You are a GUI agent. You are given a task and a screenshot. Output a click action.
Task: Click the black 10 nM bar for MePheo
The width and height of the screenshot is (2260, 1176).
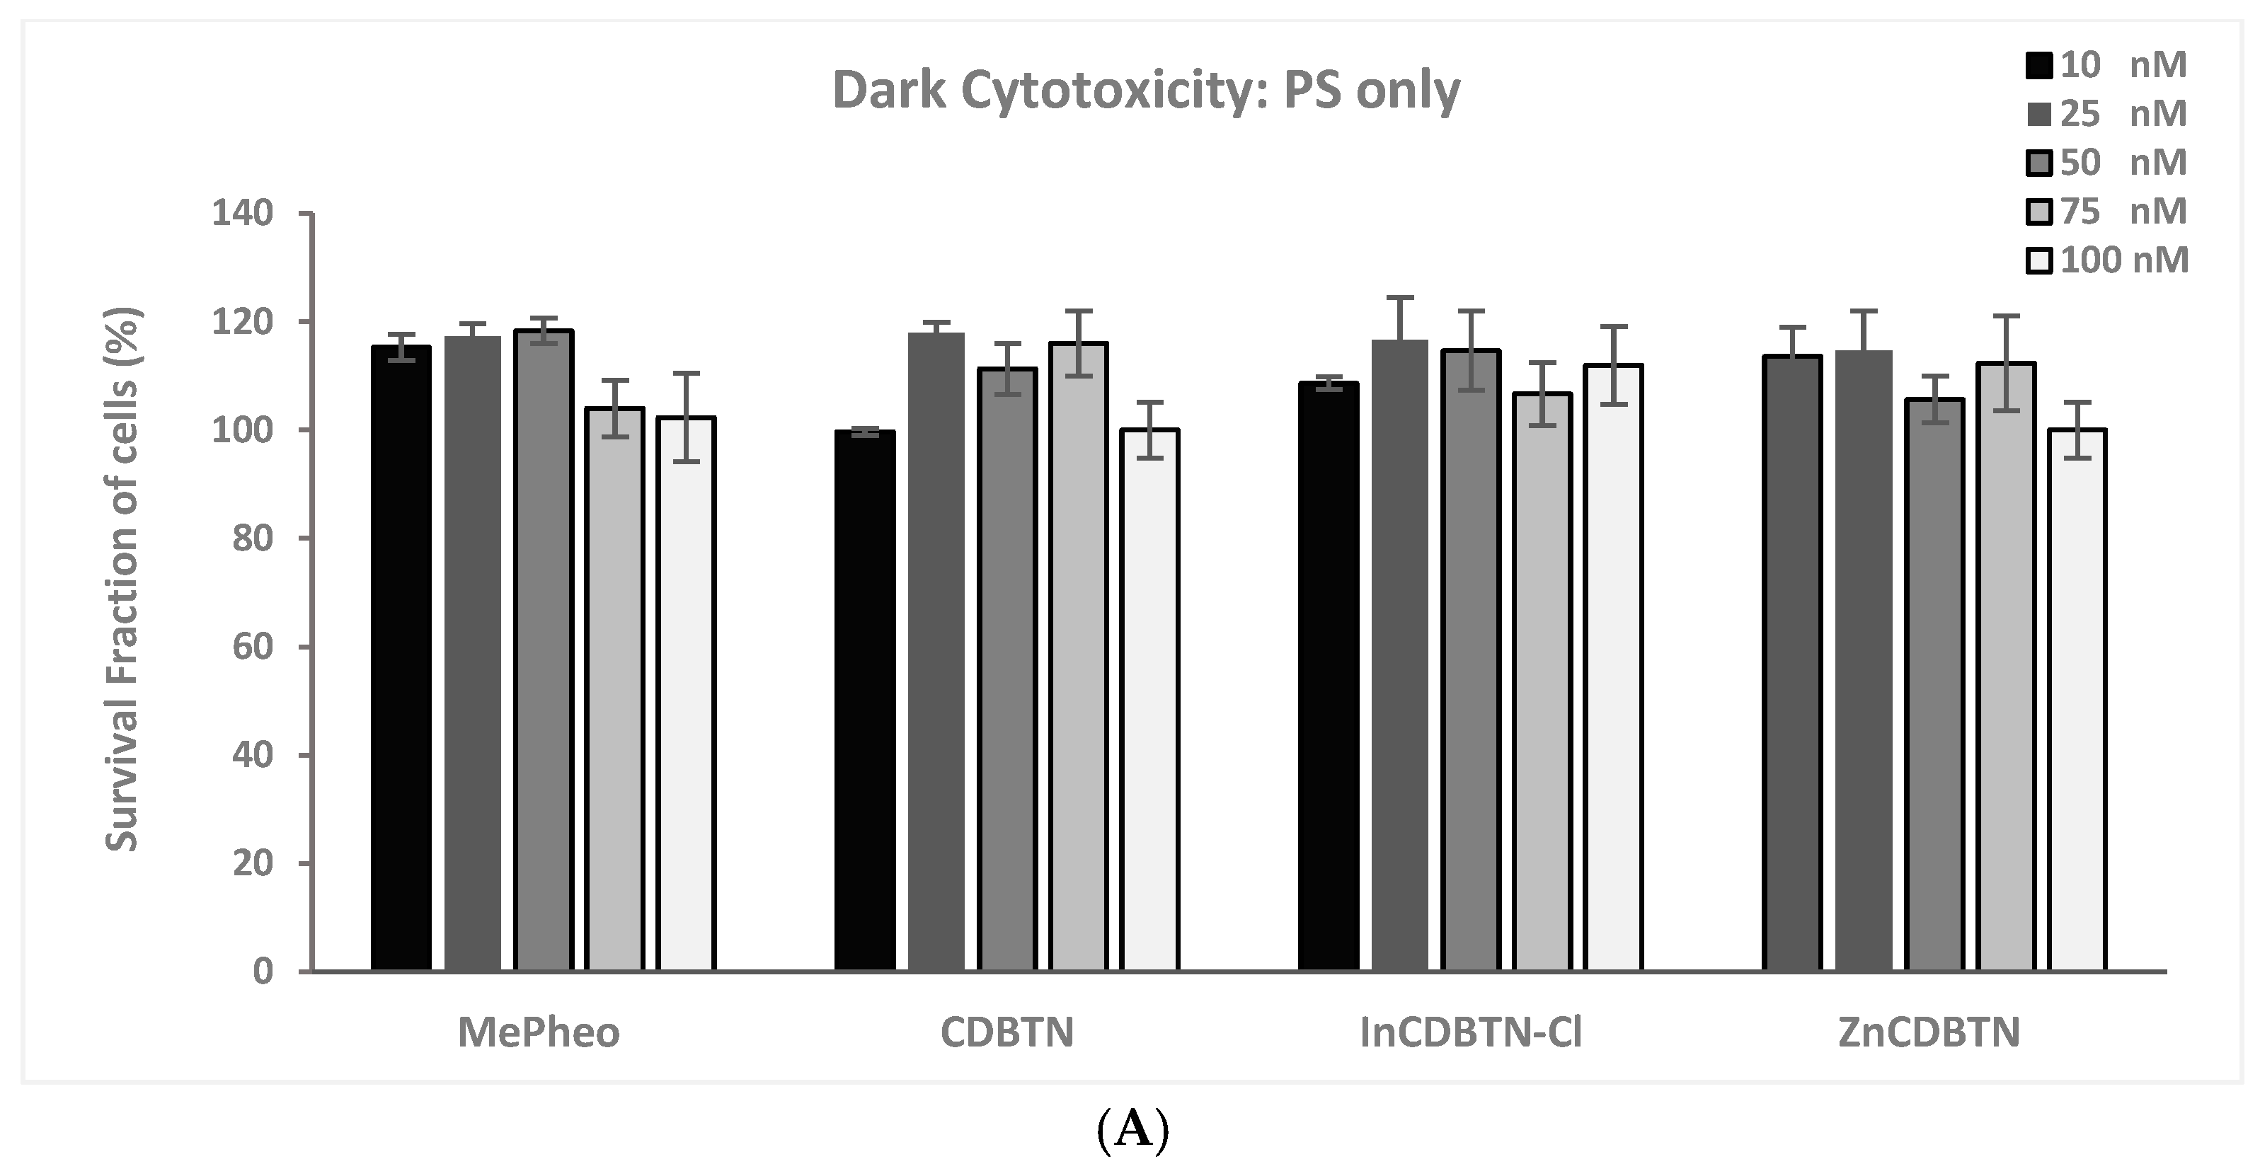401,658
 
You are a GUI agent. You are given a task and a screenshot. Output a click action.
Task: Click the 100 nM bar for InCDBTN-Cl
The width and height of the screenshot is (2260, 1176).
1613,667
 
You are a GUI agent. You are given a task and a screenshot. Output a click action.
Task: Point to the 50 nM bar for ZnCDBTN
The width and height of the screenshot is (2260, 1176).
1934,684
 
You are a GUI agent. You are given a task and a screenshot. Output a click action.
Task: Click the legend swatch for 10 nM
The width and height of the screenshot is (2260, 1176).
2039,66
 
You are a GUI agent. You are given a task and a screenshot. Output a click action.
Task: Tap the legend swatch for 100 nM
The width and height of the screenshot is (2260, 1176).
2039,261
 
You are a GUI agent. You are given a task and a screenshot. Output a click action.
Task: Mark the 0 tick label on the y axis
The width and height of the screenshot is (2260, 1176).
263,972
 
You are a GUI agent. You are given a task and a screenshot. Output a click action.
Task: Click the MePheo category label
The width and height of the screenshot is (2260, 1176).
539,1033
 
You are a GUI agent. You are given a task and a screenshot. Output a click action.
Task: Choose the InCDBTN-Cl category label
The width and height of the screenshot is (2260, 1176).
1470,1033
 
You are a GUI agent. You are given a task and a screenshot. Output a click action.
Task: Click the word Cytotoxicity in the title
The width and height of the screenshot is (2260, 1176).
1114,91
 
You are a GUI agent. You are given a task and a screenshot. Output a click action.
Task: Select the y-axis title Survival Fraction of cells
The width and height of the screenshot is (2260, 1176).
123,579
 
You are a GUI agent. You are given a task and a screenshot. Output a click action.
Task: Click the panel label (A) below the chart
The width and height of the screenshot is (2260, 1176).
1132,1131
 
